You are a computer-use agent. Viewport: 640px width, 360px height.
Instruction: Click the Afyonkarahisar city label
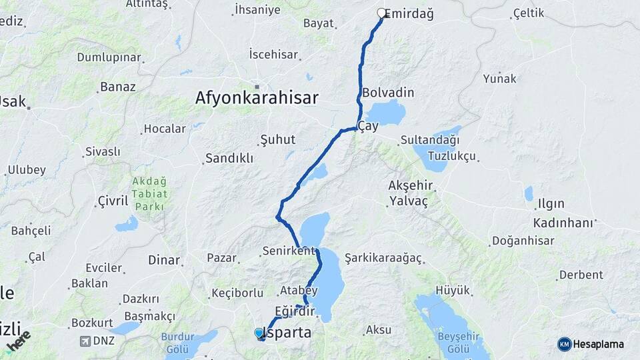pos(257,98)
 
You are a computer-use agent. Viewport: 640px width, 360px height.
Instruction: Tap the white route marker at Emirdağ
pos(382,13)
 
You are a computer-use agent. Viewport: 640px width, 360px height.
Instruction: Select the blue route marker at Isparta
pos(259,332)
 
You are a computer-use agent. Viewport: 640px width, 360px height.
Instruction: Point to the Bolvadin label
pos(388,93)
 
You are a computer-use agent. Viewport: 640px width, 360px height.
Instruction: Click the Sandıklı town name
pos(229,158)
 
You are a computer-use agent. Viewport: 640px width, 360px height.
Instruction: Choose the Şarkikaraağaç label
pos(383,257)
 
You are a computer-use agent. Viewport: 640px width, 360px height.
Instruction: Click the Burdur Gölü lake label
pos(177,342)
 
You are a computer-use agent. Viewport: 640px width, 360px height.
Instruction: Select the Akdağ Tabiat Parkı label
pos(150,193)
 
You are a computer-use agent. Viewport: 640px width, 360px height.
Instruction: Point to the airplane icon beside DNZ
pos(85,341)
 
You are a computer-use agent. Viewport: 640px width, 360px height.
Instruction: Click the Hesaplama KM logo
pos(590,344)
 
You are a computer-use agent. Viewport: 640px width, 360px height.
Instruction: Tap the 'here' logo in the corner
pos(19,341)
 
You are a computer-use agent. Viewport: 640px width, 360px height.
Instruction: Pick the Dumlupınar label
pos(109,57)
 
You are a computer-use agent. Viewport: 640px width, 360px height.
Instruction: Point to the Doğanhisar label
pos(523,241)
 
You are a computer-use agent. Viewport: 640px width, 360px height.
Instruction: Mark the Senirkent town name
pos(288,251)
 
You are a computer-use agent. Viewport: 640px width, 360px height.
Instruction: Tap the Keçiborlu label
pos(237,293)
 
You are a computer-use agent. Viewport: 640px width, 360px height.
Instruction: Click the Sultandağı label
pos(430,140)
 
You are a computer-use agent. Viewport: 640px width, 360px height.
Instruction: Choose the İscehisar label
pos(273,54)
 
